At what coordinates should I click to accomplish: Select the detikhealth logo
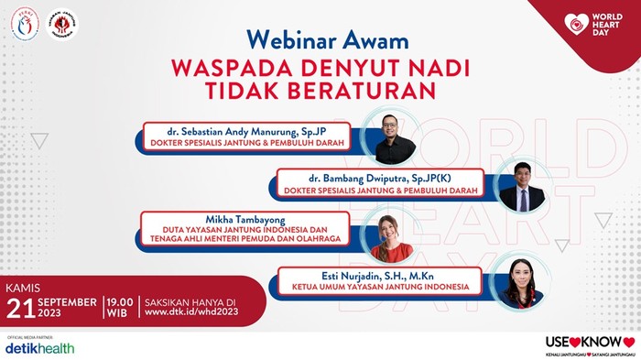pos(39,348)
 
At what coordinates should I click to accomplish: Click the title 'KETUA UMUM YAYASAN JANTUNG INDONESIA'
pos(375,287)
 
